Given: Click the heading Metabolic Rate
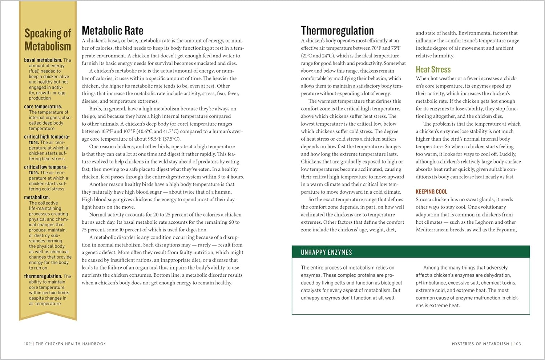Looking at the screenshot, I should pos(112,31).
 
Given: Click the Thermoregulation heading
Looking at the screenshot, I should pos(337,31).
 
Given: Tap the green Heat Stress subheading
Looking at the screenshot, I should pos(433,69).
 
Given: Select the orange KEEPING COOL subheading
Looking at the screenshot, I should pos(431,191).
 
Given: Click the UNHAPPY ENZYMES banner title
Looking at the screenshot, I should pos(326,252).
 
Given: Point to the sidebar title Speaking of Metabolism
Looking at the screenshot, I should pos(48,40).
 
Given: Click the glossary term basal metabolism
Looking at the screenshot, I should pos(43,60).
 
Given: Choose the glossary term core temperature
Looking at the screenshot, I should pos(43,107).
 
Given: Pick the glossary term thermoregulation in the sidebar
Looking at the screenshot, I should pos(43,276).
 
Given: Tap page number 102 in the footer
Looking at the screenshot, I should pos(27,344).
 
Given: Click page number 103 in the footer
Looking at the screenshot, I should pos(517,344).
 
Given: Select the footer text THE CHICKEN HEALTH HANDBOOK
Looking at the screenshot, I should pos(71,344).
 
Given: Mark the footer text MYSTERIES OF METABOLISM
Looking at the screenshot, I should pos(480,344).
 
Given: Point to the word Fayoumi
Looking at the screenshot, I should pos(505,230).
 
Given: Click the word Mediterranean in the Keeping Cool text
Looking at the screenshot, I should pos(433,230).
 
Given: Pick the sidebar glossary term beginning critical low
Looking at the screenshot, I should pos(45,167).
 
